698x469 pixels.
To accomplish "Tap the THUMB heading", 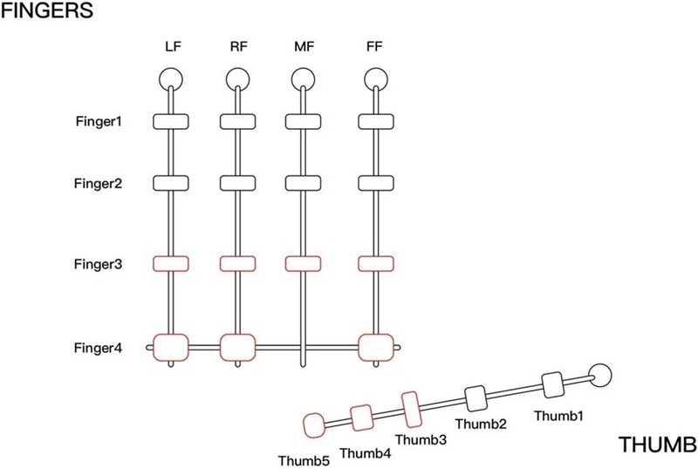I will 657,445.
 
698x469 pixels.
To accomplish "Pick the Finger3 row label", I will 98,263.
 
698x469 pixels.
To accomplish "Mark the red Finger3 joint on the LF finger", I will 171,263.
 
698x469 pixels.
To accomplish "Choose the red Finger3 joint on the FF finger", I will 376,263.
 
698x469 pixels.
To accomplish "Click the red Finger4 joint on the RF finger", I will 238,347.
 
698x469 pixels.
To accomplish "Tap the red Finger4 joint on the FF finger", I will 376,347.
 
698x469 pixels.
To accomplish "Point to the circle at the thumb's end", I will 600,376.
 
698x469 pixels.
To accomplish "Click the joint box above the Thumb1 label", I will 554,385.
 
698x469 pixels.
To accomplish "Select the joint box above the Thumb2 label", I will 476,399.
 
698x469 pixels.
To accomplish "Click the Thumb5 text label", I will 304,459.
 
